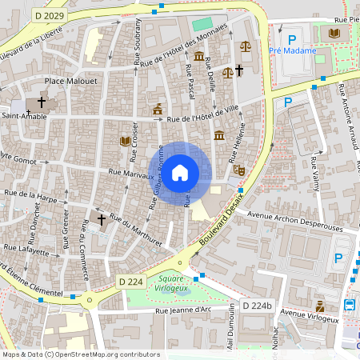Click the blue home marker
pos(180,172)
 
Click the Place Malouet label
pos(70,81)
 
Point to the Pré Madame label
pos(292,50)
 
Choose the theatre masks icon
pos(238,169)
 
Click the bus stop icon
pos(350,305)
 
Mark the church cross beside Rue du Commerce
pos(102,218)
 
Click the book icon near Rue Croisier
pos(125,141)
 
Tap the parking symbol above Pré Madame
pos(292,38)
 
